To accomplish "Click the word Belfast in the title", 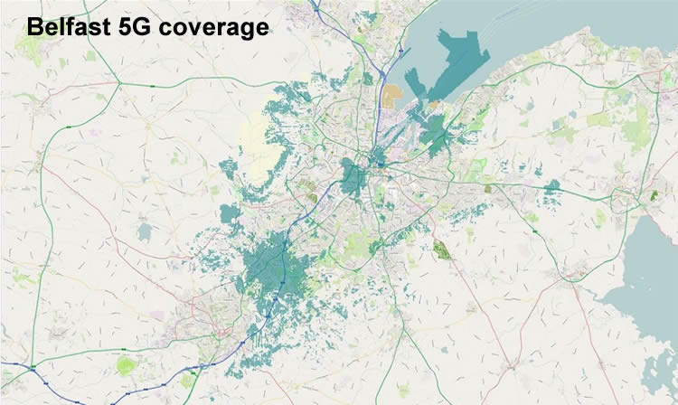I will tap(72, 28).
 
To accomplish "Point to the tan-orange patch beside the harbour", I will tap(391, 95).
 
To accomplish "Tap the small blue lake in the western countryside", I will tap(145, 232).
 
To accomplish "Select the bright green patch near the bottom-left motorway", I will tap(126, 365).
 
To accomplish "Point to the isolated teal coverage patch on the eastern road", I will tap(551, 187).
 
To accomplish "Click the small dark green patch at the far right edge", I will tap(654, 193).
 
